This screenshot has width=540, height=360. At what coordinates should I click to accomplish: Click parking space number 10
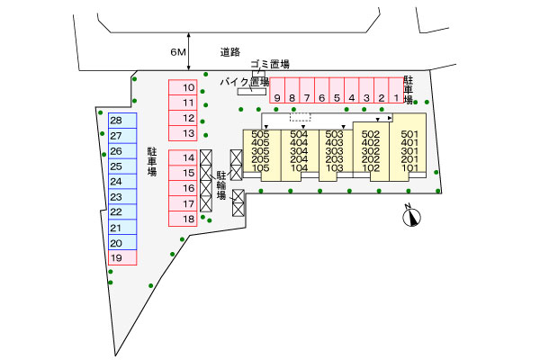(x=183, y=87)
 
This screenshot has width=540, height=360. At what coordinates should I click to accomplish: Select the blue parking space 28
(x=122, y=121)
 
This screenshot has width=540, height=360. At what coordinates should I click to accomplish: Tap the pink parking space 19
(x=122, y=257)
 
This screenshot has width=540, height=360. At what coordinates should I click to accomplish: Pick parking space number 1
(x=396, y=90)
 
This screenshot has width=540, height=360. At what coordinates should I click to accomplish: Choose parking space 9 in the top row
(x=277, y=90)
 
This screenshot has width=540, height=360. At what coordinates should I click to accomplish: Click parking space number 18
(x=183, y=219)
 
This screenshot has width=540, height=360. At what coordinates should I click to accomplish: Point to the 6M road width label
(x=178, y=52)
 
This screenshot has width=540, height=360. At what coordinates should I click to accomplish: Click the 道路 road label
(x=230, y=52)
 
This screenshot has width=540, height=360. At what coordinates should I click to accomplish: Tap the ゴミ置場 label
(x=270, y=64)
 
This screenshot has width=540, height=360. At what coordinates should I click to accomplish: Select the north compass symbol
(x=411, y=217)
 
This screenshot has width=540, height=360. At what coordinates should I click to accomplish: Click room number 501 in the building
(x=409, y=134)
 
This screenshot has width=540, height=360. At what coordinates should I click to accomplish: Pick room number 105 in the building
(x=260, y=167)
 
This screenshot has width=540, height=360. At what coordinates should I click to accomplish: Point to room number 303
(x=335, y=151)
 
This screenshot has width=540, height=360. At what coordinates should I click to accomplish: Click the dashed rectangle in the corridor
(x=301, y=117)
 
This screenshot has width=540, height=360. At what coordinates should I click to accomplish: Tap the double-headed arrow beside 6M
(x=189, y=51)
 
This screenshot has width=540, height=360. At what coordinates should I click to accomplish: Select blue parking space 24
(x=122, y=182)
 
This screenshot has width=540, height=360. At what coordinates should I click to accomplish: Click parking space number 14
(x=183, y=157)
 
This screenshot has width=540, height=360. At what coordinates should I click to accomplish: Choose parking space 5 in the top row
(x=337, y=90)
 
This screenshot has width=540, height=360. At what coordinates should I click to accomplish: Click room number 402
(x=371, y=142)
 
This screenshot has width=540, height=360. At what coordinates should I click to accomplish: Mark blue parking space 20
(x=122, y=242)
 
